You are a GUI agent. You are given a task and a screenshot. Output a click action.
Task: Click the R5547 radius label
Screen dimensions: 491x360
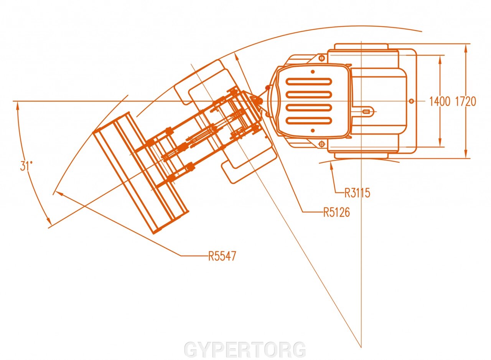pos(222,256)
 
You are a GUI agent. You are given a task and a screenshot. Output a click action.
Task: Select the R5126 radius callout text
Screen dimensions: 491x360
pos(336,212)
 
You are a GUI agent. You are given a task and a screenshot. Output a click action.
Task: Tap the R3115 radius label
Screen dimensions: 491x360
pos(357,193)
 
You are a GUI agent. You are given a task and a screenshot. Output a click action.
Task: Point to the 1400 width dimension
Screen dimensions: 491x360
pos(440,101)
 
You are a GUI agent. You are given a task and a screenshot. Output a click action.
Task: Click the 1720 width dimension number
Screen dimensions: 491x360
pos(466,101)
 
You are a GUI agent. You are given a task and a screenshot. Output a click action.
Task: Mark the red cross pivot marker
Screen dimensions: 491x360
pos(268,88)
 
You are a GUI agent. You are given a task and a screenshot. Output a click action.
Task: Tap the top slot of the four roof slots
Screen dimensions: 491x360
pos(309,81)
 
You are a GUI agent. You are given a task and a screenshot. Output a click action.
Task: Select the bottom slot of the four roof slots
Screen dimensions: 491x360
pos(309,121)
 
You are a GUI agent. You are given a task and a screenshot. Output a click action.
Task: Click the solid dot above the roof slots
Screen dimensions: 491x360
pos(313,72)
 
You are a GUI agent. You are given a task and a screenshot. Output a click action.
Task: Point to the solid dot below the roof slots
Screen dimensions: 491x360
pos(313,130)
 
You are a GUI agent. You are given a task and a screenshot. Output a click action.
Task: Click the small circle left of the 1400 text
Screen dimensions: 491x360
pos(412,101)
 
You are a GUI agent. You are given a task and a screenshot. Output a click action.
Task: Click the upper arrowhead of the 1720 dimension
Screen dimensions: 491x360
pos(466,48)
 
